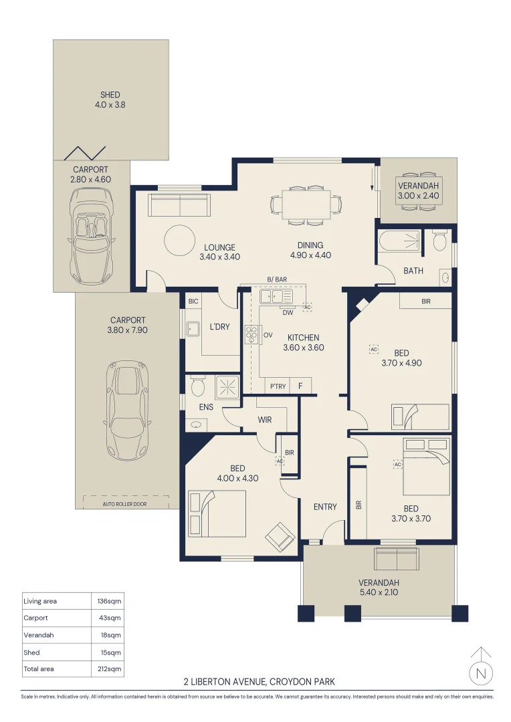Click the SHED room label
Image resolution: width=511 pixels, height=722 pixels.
click(110, 95)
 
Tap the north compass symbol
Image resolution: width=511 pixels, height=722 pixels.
click(481, 667)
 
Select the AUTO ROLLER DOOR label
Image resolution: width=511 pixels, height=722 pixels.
click(124, 504)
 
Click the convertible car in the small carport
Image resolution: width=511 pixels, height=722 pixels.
click(91, 237)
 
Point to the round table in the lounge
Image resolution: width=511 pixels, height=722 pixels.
click(179, 240)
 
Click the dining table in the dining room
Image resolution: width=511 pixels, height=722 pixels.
click(306, 205)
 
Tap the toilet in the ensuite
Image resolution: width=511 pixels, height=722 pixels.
click(198, 387)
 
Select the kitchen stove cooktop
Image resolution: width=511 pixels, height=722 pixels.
click(251, 335)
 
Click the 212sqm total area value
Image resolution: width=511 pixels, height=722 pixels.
click(110, 669)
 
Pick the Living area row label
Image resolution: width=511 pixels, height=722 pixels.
click(40, 601)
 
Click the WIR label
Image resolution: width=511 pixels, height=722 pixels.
click(264, 420)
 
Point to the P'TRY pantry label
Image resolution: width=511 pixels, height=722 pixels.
click(278, 386)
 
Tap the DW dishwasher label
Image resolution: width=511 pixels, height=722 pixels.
click(288, 313)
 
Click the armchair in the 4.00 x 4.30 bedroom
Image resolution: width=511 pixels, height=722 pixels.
click(280, 535)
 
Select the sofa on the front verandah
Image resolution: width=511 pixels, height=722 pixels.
click(396, 558)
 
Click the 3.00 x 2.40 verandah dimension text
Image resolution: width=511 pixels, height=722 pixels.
click(419, 196)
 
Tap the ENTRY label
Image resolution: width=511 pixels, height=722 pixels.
click(325, 507)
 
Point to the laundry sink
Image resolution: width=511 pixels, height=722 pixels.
click(192, 329)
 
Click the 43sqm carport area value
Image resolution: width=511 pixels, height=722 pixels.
click(110, 618)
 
